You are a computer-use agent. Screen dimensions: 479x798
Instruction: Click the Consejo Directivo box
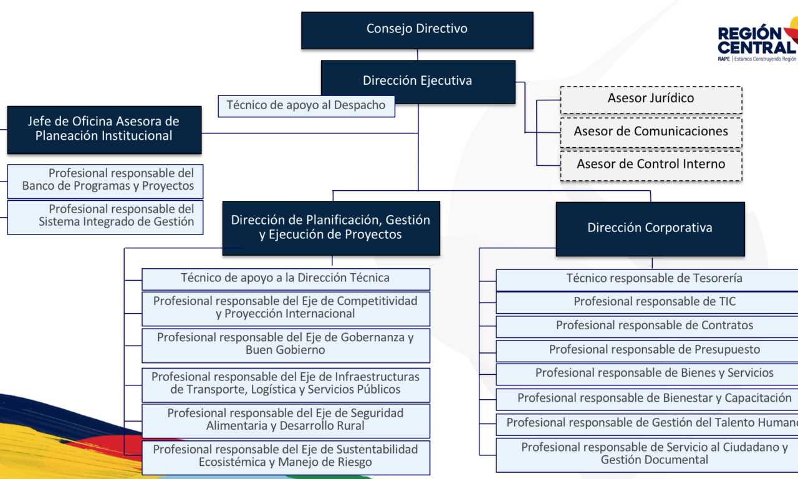[417, 30]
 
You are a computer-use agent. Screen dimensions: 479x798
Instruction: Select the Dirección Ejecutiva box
[418, 81]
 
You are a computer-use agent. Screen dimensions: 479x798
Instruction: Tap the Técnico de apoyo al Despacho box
[306, 105]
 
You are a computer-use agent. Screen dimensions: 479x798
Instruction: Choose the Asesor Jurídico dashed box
[651, 99]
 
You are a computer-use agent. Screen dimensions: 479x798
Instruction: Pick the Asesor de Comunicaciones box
[651, 132]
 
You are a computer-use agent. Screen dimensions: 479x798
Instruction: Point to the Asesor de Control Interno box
[651, 165]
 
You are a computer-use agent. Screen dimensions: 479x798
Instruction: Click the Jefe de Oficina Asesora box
[104, 129]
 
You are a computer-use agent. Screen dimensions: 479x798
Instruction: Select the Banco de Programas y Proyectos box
[105, 180]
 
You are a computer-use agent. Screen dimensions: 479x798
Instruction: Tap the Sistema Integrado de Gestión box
[105, 216]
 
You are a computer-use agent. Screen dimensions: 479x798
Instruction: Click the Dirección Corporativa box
[650, 228]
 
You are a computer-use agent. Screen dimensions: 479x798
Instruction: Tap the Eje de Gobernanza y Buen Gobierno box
[286, 344]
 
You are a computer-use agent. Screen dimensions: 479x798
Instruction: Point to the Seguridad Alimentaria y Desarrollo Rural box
[286, 420]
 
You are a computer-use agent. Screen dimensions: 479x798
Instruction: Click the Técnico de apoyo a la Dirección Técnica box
[286, 278]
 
